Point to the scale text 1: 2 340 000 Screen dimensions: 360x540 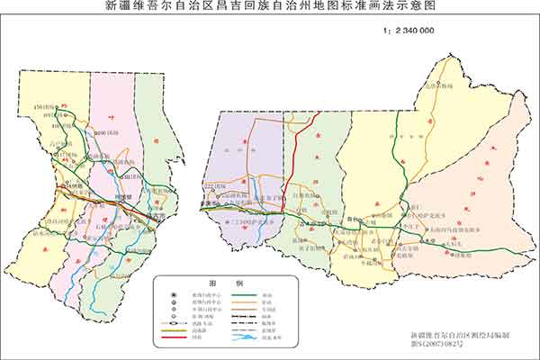[414, 30]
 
